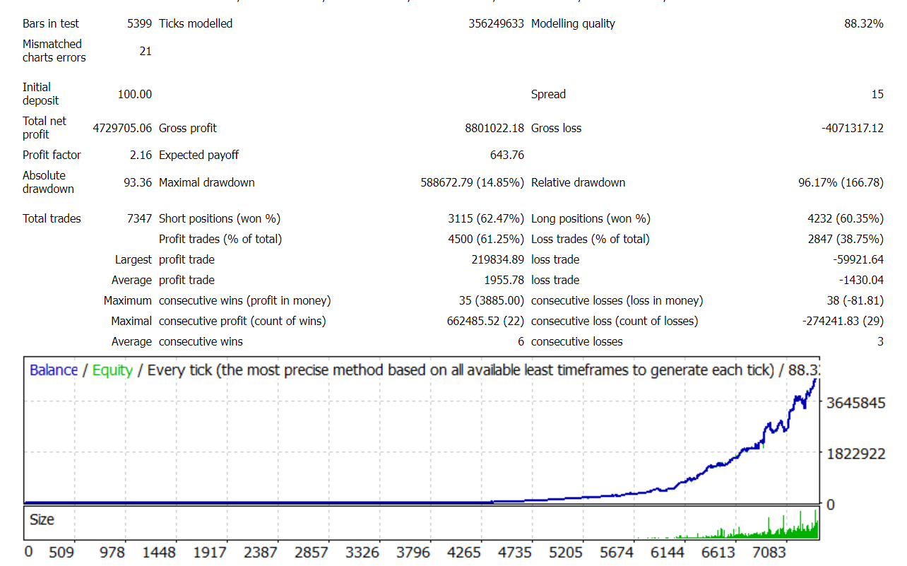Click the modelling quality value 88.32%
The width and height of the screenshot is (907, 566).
863,23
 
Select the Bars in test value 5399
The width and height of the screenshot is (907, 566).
139,23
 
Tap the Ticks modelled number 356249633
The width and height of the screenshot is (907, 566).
496,23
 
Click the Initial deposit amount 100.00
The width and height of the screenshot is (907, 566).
134,94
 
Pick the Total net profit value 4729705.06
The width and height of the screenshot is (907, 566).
122,128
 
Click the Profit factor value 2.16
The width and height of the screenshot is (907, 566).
141,155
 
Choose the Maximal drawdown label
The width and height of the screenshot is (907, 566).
206,182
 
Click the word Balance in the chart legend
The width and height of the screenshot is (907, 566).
54,370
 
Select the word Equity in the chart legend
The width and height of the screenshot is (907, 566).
112,370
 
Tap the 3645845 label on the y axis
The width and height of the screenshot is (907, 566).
855,403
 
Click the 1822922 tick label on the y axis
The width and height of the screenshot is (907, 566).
855,454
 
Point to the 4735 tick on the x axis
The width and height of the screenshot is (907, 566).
515,552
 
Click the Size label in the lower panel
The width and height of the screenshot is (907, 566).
42,519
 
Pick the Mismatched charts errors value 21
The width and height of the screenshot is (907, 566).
146,51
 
